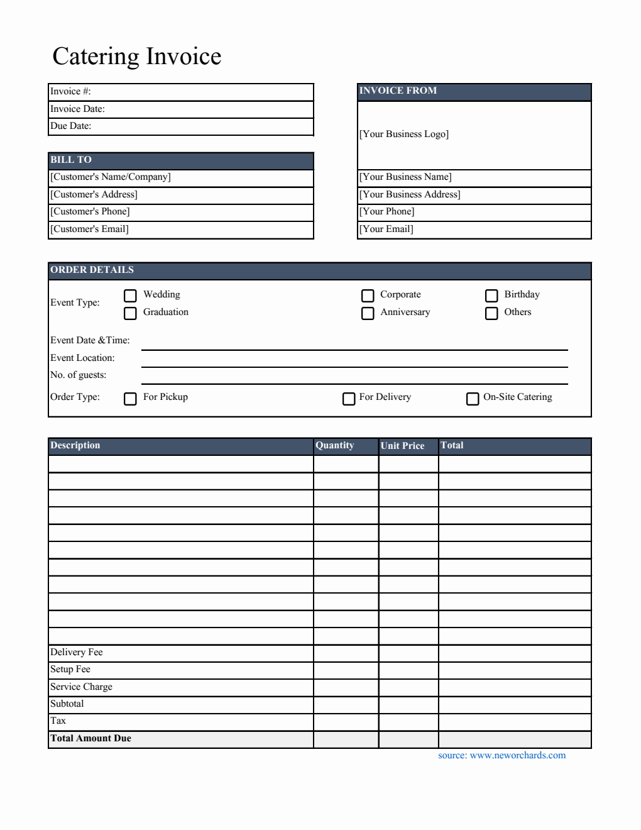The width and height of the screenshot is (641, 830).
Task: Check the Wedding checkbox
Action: click(x=130, y=296)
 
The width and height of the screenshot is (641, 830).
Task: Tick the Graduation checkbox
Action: click(x=130, y=313)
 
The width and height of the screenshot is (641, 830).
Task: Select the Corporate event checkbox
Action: click(x=368, y=296)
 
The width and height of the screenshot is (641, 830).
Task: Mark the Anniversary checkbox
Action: click(x=368, y=313)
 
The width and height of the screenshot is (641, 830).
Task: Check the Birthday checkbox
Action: click(x=491, y=296)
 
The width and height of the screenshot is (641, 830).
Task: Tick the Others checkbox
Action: click(x=491, y=313)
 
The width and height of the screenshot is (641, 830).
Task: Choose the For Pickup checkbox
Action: click(x=130, y=399)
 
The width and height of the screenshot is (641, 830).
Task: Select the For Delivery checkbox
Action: click(x=349, y=399)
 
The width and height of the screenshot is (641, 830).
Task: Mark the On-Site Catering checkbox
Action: click(x=473, y=399)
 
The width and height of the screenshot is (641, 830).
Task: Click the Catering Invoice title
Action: click(x=137, y=57)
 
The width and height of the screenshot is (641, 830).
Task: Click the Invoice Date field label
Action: click(x=77, y=109)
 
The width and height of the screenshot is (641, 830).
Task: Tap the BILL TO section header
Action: click(x=71, y=160)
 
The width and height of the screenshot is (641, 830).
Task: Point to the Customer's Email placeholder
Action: click(x=90, y=229)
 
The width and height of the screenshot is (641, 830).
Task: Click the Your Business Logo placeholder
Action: click(x=404, y=134)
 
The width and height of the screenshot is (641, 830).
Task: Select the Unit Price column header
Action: click(x=403, y=446)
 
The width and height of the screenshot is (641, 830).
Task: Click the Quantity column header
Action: click(x=335, y=445)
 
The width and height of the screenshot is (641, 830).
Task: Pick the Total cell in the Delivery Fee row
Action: click(x=514, y=653)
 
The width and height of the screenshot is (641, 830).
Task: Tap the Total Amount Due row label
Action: click(x=91, y=738)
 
